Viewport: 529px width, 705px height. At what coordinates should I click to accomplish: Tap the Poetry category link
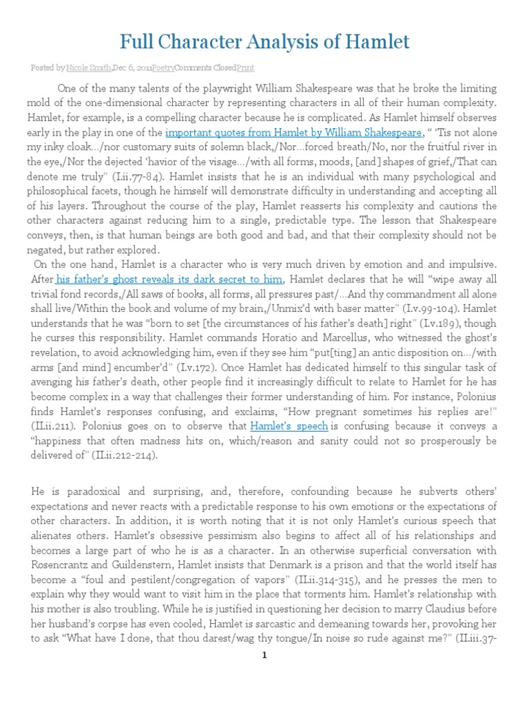pyautogui.click(x=163, y=68)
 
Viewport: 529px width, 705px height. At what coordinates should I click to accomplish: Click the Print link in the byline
pyautogui.click(x=245, y=68)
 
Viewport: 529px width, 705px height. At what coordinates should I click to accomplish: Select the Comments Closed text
pyautogui.click(x=205, y=68)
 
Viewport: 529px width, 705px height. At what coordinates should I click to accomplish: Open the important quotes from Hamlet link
pyautogui.click(x=294, y=132)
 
